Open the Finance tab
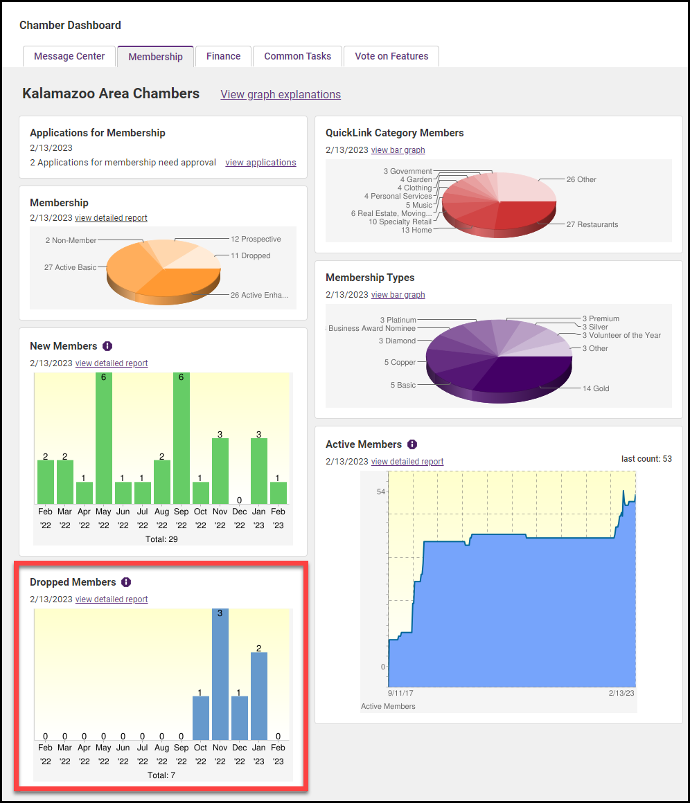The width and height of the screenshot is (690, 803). pyautogui.click(x=223, y=56)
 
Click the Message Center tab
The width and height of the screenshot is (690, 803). pyautogui.click(x=69, y=56)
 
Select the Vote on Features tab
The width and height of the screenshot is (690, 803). pyautogui.click(x=391, y=56)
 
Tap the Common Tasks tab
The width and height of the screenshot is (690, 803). pyautogui.click(x=297, y=56)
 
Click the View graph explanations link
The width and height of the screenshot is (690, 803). pyautogui.click(x=281, y=94)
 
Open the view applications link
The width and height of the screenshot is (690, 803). pyautogui.click(x=260, y=163)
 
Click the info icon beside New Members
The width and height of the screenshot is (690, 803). pyautogui.click(x=107, y=346)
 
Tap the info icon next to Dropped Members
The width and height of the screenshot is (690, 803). pyautogui.click(x=126, y=582)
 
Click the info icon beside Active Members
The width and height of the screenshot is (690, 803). pyautogui.click(x=412, y=444)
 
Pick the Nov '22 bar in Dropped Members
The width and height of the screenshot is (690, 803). pyautogui.click(x=220, y=675)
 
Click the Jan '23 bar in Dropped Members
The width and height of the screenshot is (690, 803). pyautogui.click(x=259, y=696)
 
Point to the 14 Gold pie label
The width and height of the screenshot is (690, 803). pyautogui.click(x=595, y=388)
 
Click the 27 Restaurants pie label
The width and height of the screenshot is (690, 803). pyautogui.click(x=592, y=224)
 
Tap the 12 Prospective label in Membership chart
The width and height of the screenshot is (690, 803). pyautogui.click(x=256, y=240)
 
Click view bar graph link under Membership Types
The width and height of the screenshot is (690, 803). pyautogui.click(x=398, y=295)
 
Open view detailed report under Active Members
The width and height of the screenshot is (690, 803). pyautogui.click(x=407, y=462)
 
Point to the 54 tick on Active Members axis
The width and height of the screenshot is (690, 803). pyautogui.click(x=381, y=491)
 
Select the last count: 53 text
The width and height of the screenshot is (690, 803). pyautogui.click(x=646, y=459)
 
